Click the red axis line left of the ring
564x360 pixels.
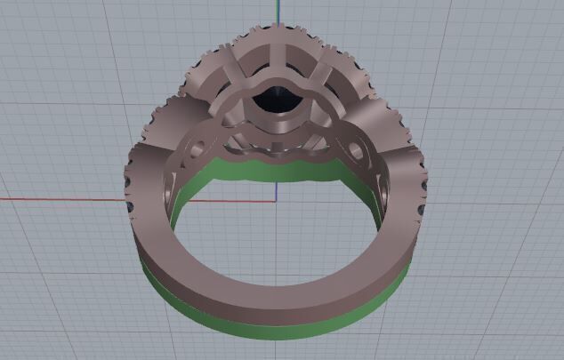pos(62,199)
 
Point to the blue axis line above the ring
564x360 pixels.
pos(278,13)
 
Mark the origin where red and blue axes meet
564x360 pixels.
pos(278,199)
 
